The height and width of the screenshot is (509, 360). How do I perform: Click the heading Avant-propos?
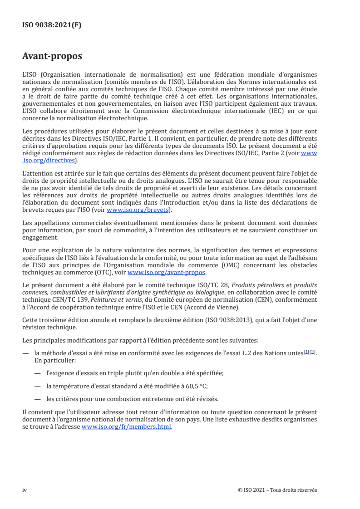[52, 57]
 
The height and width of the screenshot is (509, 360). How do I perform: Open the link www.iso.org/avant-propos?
[167, 273]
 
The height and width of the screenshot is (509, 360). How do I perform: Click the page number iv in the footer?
[25, 490]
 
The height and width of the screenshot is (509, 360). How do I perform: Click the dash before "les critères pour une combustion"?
[37, 399]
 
